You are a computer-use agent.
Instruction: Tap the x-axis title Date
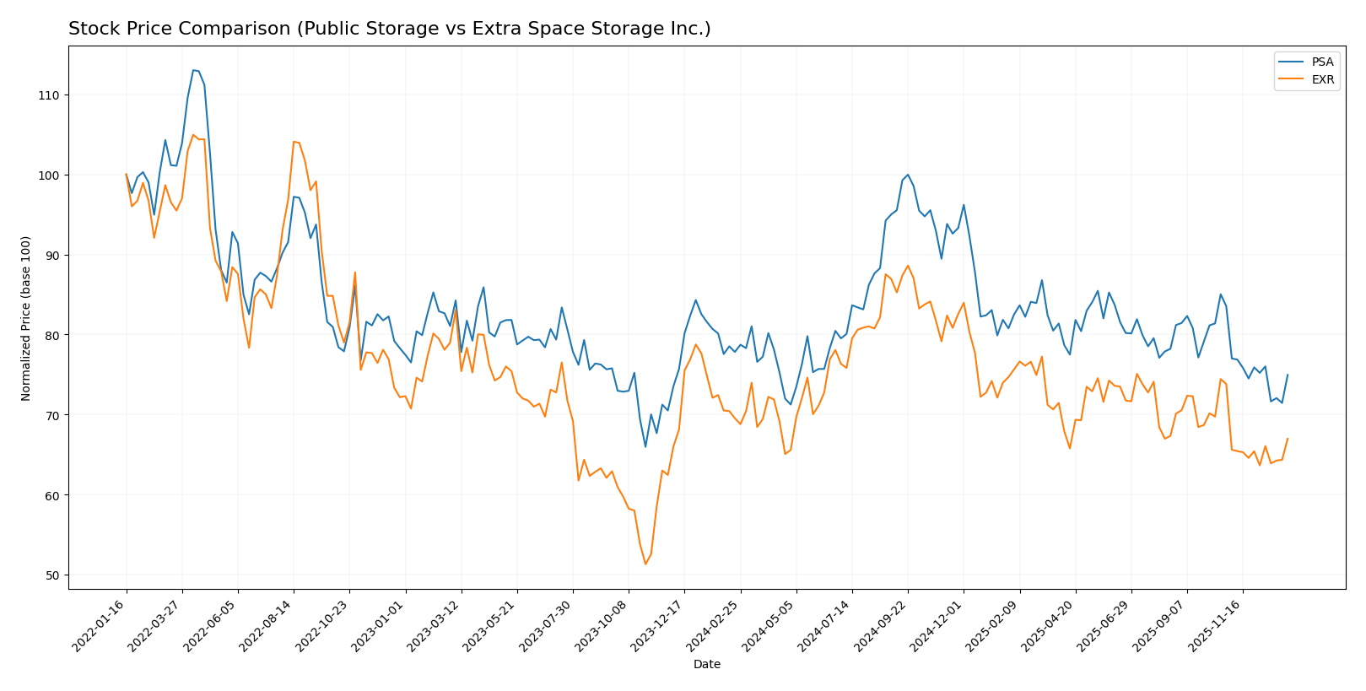coord(706,665)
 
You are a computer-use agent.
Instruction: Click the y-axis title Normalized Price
coord(26,318)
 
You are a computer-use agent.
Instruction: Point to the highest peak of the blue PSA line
coord(193,70)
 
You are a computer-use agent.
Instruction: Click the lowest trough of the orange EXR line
coord(645,564)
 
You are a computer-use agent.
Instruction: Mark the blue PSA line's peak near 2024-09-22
coord(907,175)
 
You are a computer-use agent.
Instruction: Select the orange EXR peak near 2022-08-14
coord(294,142)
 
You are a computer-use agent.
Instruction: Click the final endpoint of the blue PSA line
coord(1288,375)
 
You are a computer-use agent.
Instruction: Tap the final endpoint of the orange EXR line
coord(1288,438)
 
